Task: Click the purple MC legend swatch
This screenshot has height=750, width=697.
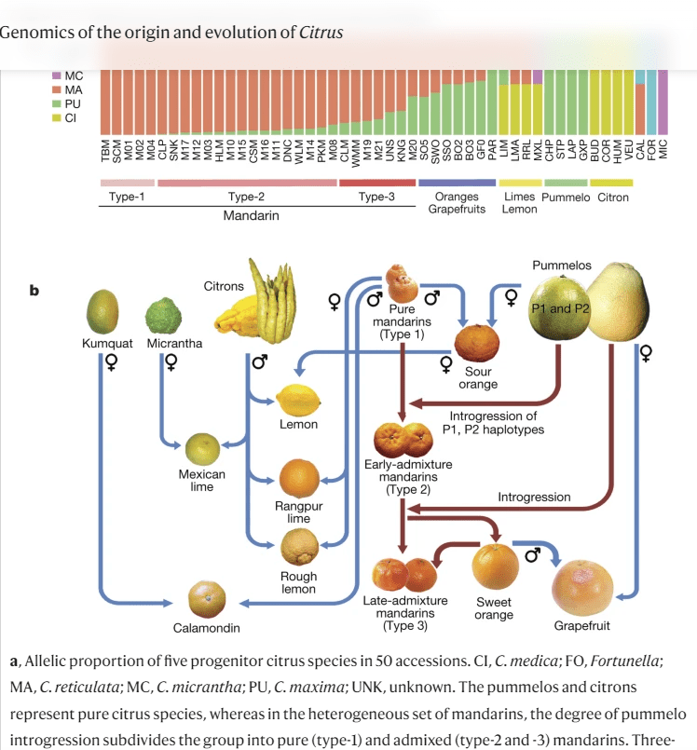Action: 57,75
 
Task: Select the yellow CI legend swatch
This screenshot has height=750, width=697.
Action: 57,117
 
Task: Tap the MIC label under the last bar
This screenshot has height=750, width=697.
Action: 663,149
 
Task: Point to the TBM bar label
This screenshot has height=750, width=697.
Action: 105,151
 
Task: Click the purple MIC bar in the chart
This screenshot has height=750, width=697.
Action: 663,102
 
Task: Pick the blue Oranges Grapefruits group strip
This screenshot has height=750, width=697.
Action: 457,183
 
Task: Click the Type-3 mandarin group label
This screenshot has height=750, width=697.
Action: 376,197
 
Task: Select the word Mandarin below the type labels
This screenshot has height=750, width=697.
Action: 252,215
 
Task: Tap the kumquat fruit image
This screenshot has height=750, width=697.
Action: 102,311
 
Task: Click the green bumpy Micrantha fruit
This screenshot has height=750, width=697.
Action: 164,316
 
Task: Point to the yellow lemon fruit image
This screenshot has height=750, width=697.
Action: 298,401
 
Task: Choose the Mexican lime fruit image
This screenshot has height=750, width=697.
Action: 203,449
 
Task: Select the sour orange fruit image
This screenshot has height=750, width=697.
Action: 476,343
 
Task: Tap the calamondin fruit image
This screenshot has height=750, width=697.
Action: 207,599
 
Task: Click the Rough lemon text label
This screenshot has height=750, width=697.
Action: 298,582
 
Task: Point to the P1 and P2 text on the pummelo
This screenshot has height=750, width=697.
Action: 560,308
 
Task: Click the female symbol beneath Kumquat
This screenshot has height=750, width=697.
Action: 112,362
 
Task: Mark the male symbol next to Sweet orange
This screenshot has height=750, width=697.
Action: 532,554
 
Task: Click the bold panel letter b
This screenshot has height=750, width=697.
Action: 34,291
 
